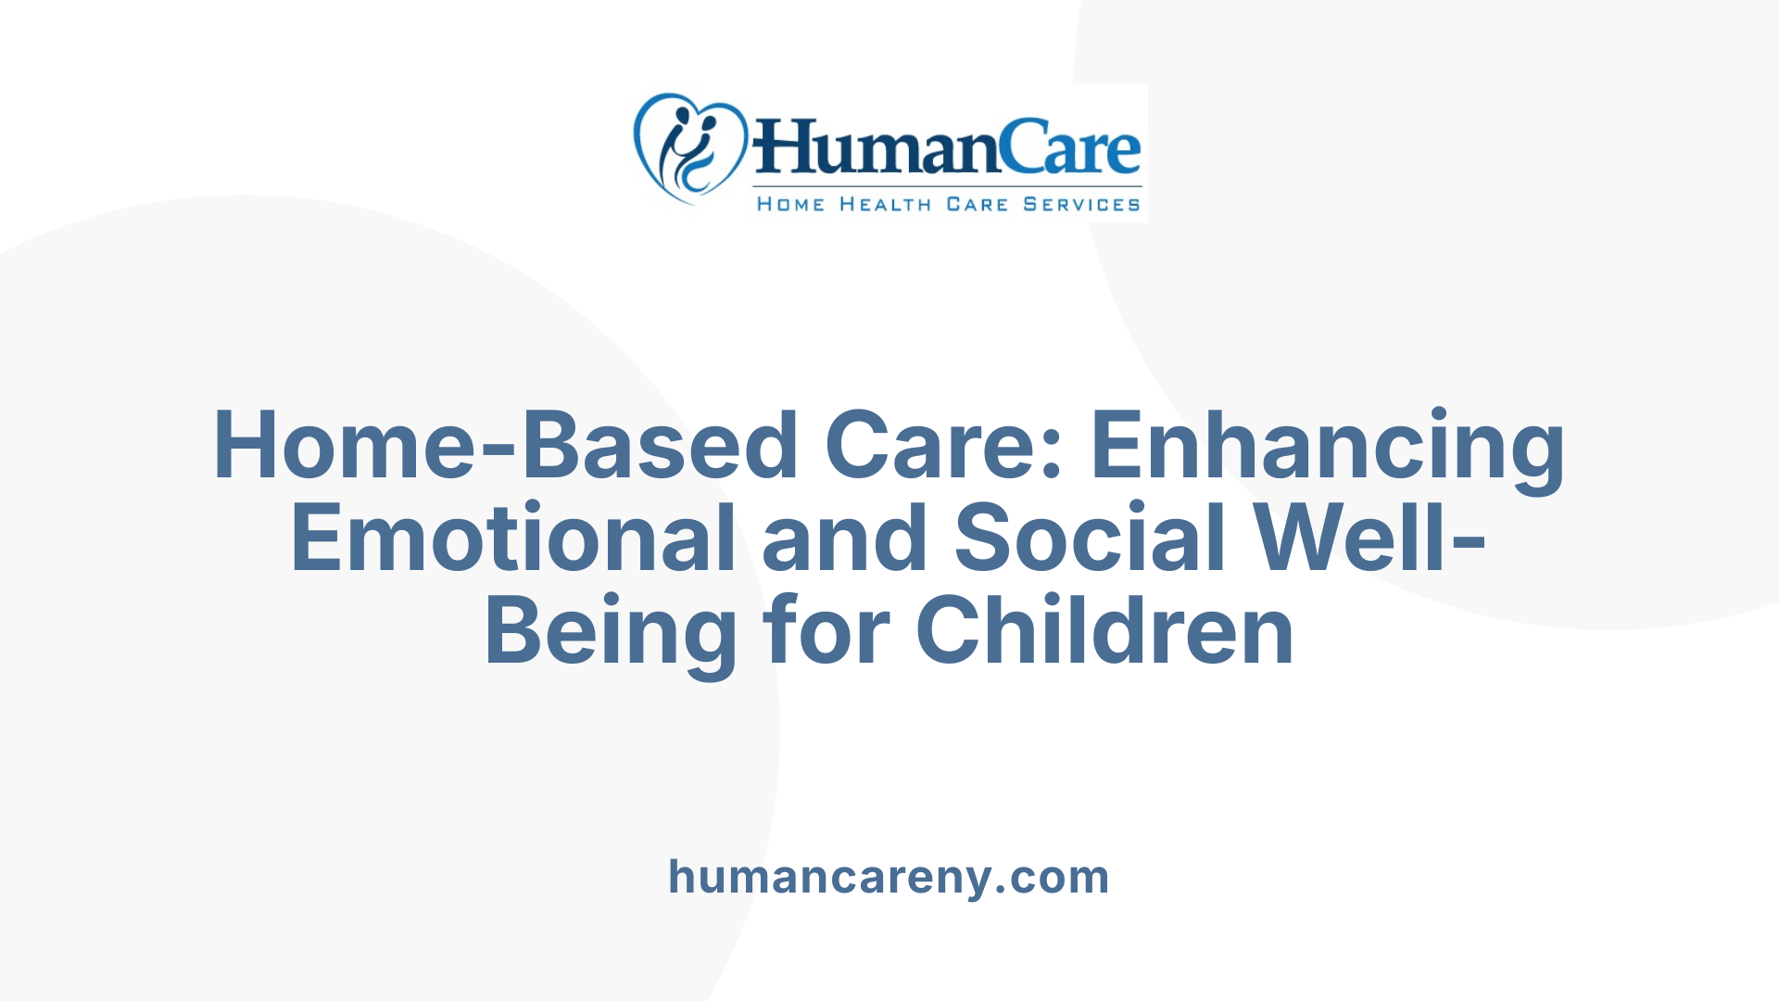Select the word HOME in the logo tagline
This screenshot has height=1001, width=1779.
(790, 205)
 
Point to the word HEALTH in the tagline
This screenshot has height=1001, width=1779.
(885, 205)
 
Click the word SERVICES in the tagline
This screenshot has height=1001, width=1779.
(1081, 205)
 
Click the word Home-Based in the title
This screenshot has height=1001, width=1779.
(505, 446)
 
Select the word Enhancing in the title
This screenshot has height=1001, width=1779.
(1328, 448)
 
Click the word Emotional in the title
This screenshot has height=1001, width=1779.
(513, 539)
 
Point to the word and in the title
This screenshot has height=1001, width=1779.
(844, 539)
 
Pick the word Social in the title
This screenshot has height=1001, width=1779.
(1091, 539)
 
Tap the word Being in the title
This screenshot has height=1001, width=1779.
(611, 633)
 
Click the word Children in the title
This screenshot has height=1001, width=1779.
(1104, 631)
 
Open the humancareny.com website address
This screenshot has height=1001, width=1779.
(889, 877)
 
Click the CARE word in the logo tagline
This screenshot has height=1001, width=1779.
(977, 205)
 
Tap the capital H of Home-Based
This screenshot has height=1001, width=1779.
(248, 446)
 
